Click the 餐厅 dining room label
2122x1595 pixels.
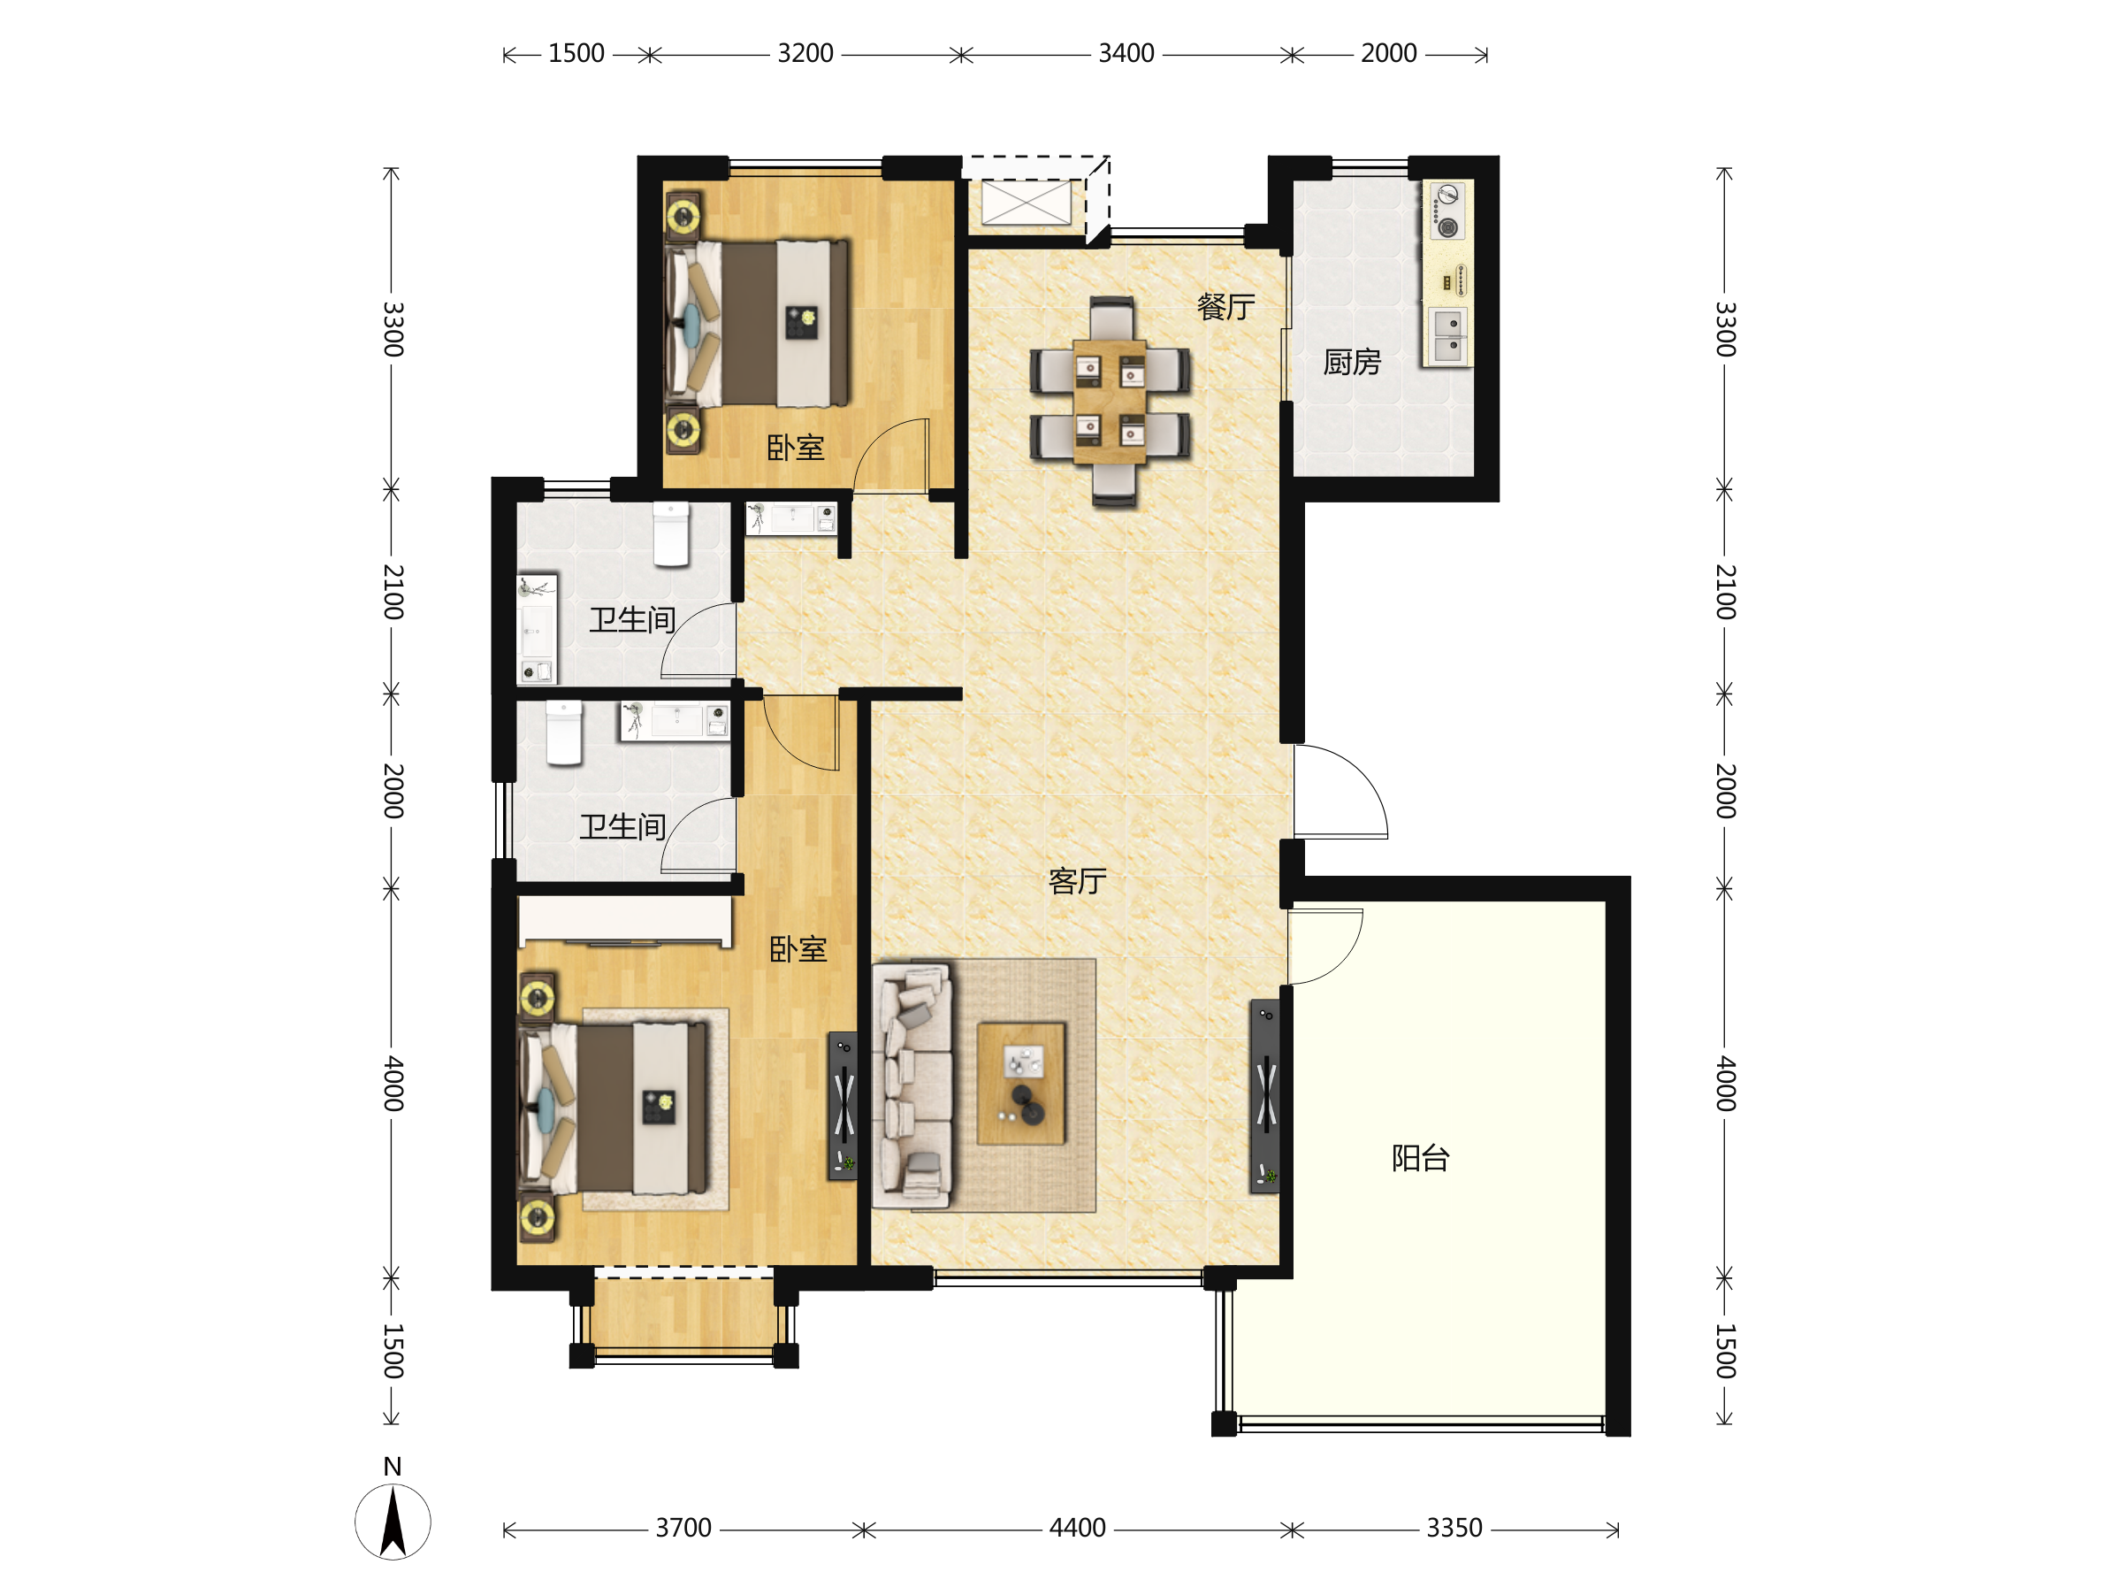coord(1225,307)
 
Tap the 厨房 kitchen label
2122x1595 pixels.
coord(1352,362)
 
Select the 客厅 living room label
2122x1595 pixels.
coord(1077,881)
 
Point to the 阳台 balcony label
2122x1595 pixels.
coord(1420,1158)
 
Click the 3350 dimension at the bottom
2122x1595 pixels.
coord(1454,1528)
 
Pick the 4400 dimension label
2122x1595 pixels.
coord(1077,1528)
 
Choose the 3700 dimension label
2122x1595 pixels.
coord(683,1528)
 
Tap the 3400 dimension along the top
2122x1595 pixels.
coord(1126,53)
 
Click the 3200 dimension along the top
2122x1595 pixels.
coord(805,53)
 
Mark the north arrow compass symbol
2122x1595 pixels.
coord(393,1520)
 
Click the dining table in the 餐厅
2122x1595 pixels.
coord(1110,401)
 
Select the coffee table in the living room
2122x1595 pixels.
coord(1020,1084)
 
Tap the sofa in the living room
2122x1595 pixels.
coord(912,1085)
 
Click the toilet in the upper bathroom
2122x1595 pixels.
coord(671,534)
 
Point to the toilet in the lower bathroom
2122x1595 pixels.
coord(564,733)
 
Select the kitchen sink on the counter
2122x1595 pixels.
coord(1446,336)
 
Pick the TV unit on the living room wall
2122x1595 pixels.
coord(1265,1096)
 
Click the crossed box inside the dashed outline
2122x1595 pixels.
coord(1027,203)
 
